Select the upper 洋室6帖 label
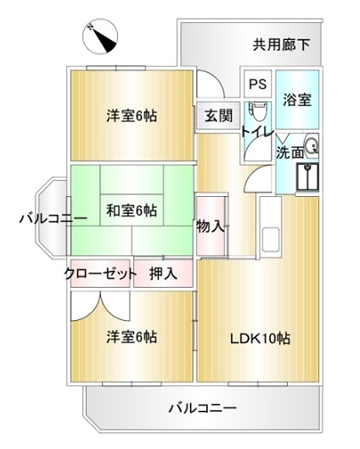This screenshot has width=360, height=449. [134, 116]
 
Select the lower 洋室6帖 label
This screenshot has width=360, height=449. [132, 337]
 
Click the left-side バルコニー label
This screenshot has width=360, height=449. [52, 219]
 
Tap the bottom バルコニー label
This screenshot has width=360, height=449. [201, 408]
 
